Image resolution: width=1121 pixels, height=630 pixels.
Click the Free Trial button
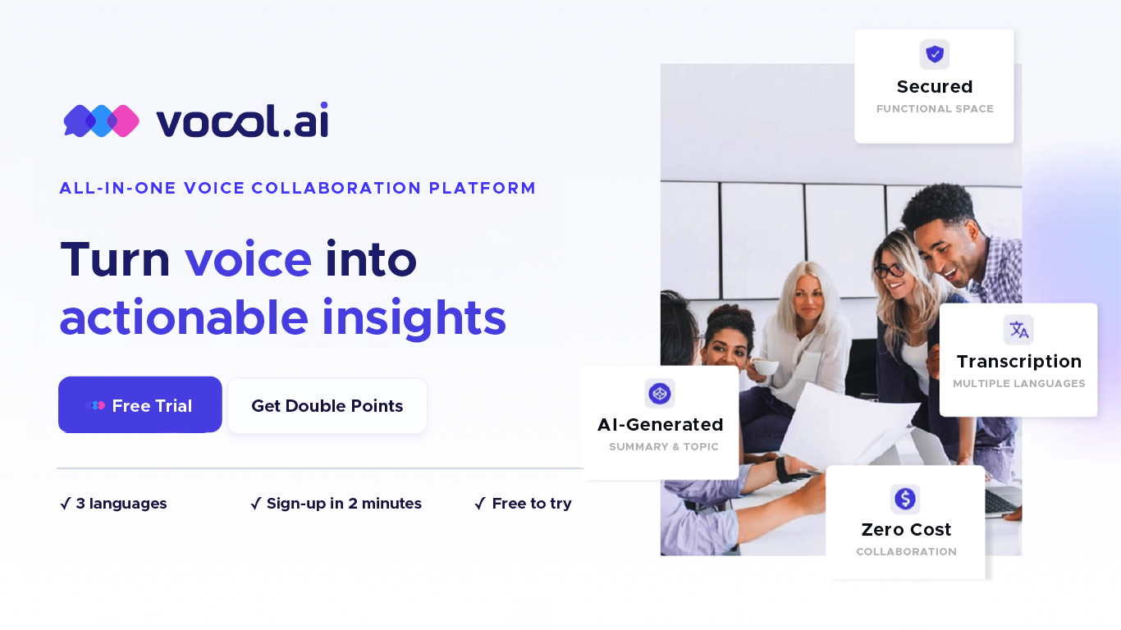pyautogui.click(x=140, y=405)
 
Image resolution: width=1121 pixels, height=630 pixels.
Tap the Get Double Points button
pyautogui.click(x=327, y=405)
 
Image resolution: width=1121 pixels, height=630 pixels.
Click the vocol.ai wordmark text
pyautogui.click(x=242, y=121)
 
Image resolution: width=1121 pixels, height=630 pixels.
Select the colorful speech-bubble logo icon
pyautogui.click(x=102, y=121)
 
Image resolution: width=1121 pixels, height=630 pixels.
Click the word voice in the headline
pyautogui.click(x=248, y=258)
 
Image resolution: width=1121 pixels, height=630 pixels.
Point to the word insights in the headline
pyautogui.click(x=414, y=317)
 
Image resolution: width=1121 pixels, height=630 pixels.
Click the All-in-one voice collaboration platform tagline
pyautogui.click(x=297, y=188)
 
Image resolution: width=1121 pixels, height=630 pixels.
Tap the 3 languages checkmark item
pyautogui.click(x=114, y=504)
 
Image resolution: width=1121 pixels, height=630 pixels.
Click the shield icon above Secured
pyautogui.click(x=934, y=54)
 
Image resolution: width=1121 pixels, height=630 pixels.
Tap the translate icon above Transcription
pyautogui.click(x=1018, y=330)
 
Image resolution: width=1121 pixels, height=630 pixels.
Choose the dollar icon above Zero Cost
pyautogui.click(x=905, y=498)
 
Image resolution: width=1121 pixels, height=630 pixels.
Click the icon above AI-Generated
pyautogui.click(x=660, y=394)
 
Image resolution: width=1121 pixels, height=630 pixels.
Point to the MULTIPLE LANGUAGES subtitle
pyautogui.click(x=1018, y=384)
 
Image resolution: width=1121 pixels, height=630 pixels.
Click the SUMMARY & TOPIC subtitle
pyautogui.click(x=663, y=447)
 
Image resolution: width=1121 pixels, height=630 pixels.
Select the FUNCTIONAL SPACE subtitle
pyautogui.click(x=935, y=109)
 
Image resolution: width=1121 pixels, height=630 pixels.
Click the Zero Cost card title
pyautogui.click(x=906, y=530)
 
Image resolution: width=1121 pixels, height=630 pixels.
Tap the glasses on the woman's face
pyautogui.click(x=890, y=269)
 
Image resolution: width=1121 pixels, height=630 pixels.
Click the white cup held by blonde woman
pyautogui.click(x=765, y=367)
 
